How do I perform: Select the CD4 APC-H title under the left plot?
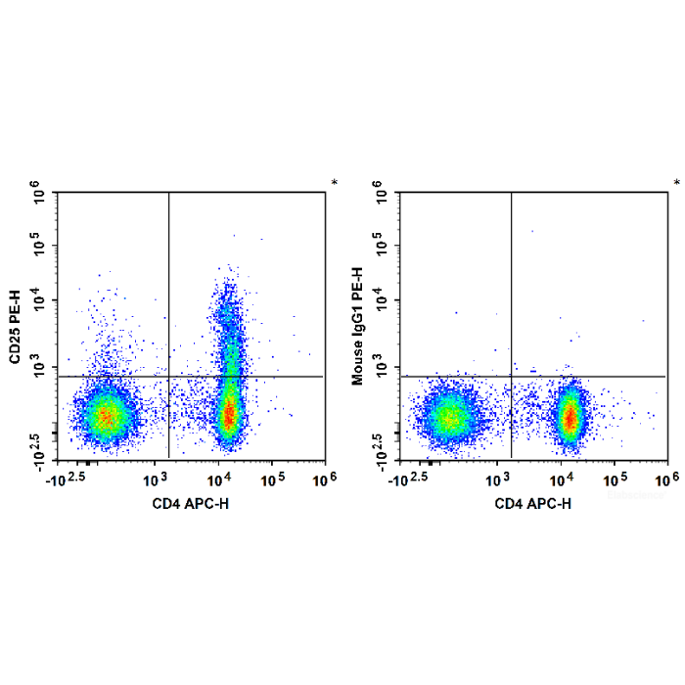click(x=191, y=503)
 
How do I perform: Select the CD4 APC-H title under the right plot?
click(x=533, y=503)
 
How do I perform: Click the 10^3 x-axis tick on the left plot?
click(x=156, y=479)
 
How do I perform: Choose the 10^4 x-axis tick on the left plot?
click(x=217, y=479)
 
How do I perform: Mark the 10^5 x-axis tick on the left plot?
click(x=273, y=479)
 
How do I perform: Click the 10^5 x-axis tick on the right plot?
click(x=616, y=479)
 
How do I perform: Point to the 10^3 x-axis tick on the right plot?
click(x=498, y=479)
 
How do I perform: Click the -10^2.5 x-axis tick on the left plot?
click(x=73, y=479)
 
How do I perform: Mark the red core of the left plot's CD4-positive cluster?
click(x=228, y=415)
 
